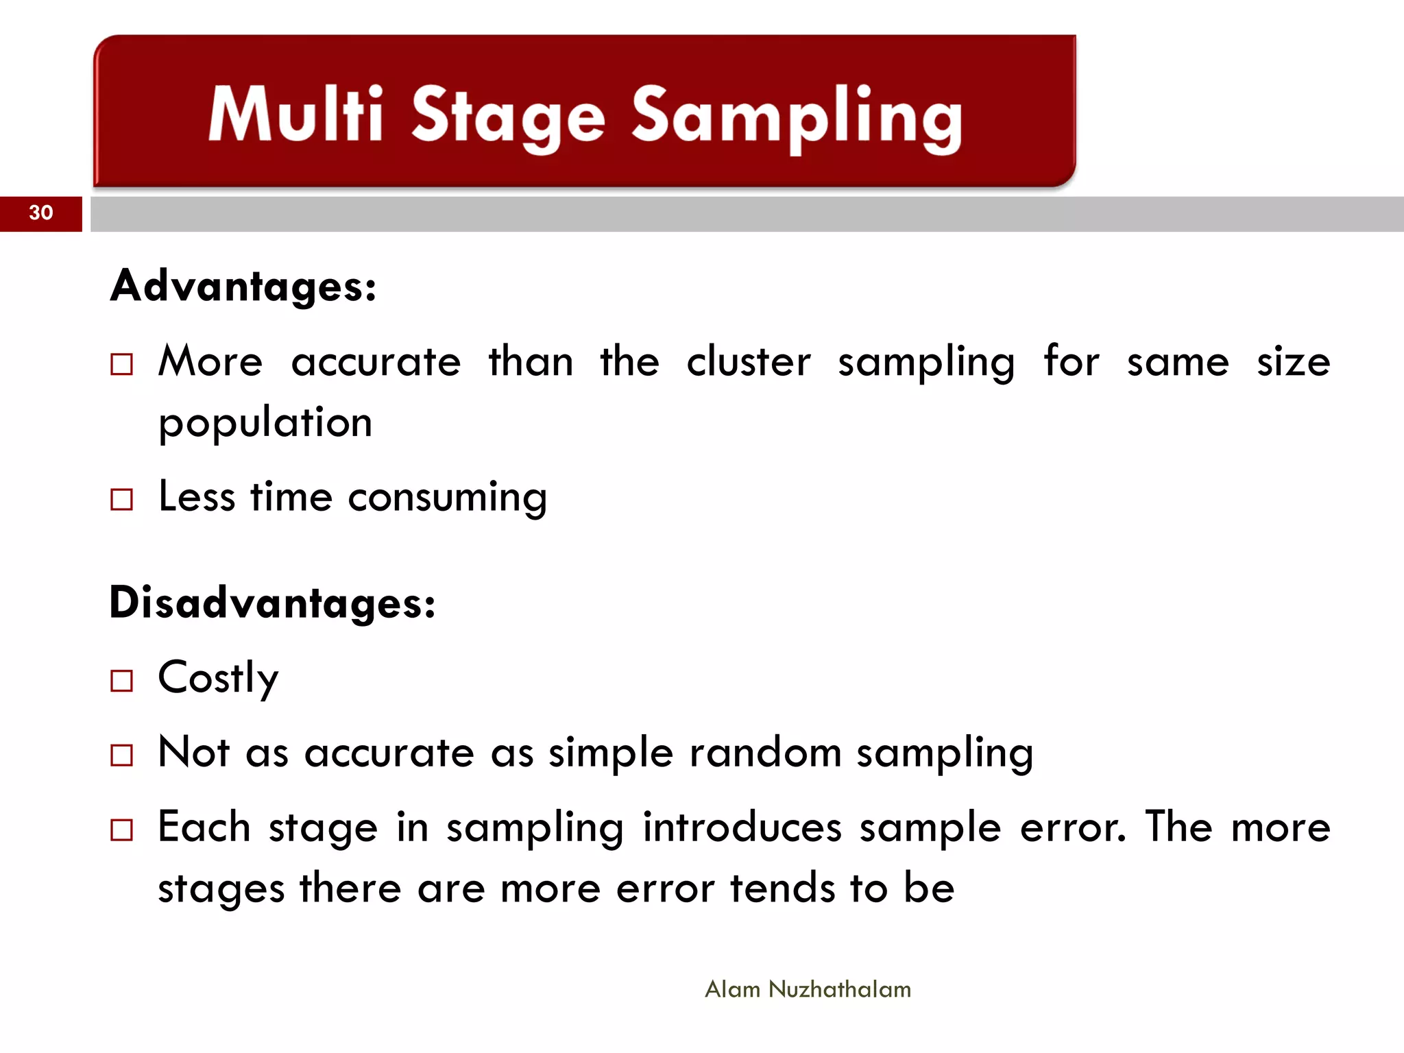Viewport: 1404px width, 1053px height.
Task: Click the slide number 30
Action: tap(41, 213)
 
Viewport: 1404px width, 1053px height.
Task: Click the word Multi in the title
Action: tap(295, 114)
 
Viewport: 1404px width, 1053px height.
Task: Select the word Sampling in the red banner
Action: tap(797, 118)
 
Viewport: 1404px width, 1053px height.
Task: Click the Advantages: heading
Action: tap(243, 286)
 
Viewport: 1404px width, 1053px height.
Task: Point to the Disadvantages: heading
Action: tap(272, 603)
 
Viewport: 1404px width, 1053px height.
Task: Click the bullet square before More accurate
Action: tap(121, 364)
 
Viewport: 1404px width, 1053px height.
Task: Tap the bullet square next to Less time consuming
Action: tap(121, 499)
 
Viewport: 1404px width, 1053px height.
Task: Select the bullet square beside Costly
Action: tap(121, 681)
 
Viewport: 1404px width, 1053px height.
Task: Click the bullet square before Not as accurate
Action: tap(121, 755)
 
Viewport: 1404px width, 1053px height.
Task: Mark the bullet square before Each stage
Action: tap(121, 830)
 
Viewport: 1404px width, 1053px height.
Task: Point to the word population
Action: tap(265, 423)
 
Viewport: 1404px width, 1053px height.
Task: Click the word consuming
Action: tap(447, 498)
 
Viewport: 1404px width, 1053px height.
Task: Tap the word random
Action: tap(765, 753)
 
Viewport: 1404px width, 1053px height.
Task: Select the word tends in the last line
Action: tap(782, 888)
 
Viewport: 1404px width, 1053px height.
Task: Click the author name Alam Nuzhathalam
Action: tap(808, 989)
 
